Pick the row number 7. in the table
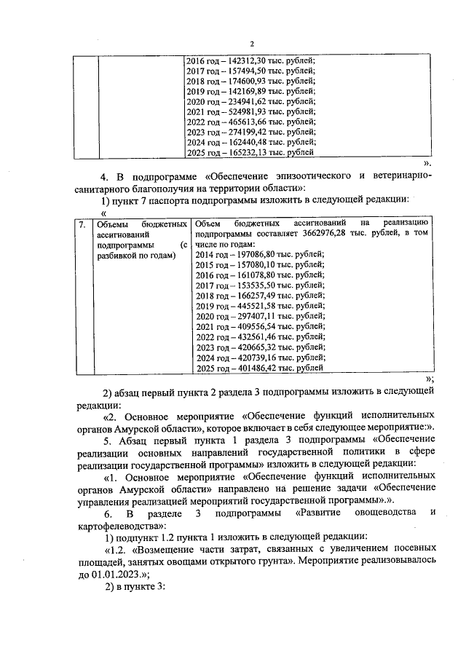83,224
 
